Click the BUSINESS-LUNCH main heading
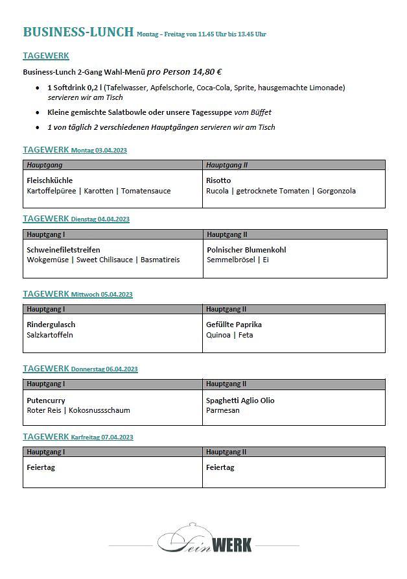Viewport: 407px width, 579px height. point(78,32)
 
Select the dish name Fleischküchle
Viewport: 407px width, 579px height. point(50,180)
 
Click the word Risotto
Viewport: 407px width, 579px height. point(218,180)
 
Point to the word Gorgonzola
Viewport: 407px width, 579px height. point(336,191)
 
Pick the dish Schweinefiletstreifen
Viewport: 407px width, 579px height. point(64,250)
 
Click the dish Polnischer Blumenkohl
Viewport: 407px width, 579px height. point(246,250)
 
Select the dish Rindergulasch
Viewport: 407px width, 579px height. point(51,325)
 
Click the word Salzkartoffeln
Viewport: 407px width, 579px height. point(50,335)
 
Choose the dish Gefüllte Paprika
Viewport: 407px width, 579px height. point(234,325)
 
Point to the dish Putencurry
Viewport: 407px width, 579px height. point(46,400)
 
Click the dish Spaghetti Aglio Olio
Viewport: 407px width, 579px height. point(240,400)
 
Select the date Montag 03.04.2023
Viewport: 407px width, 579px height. point(99,151)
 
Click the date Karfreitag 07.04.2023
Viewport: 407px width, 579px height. point(102,437)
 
